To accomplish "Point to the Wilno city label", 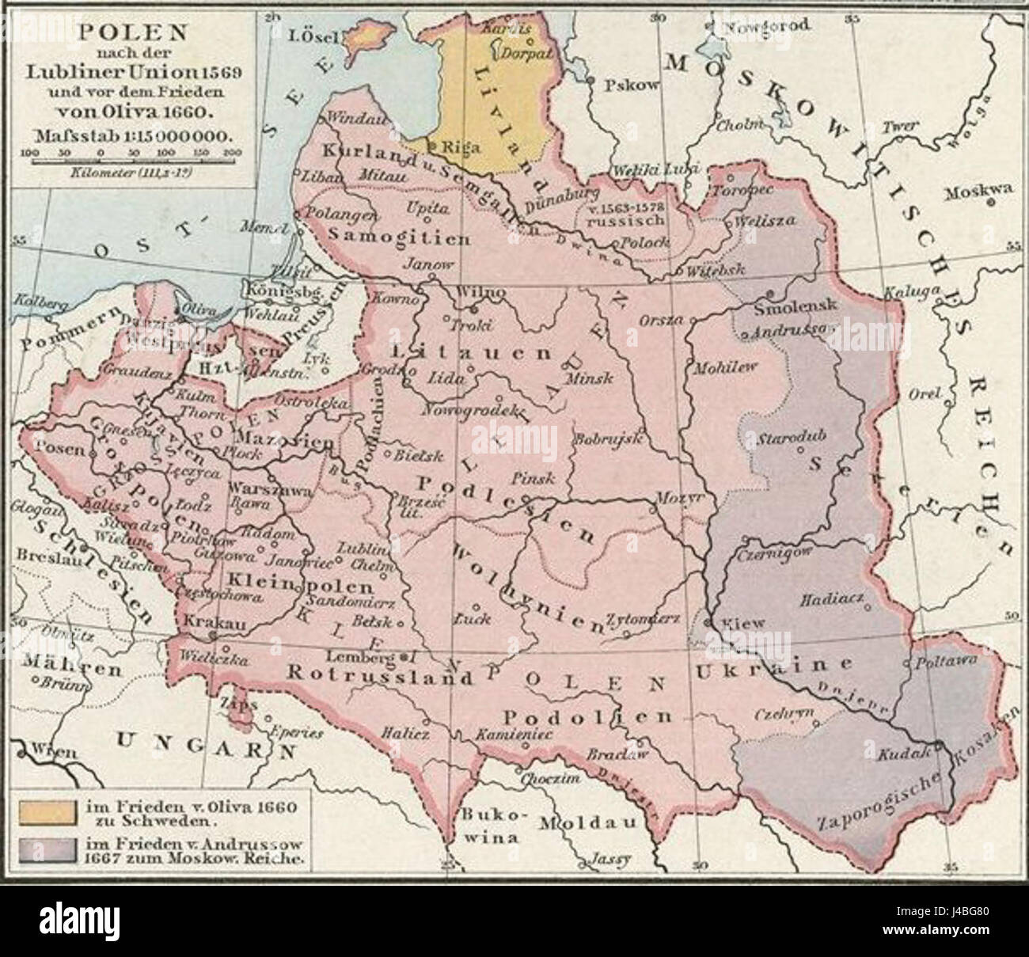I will coord(480,292).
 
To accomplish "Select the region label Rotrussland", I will coord(369,678).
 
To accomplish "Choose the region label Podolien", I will coord(587,716).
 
